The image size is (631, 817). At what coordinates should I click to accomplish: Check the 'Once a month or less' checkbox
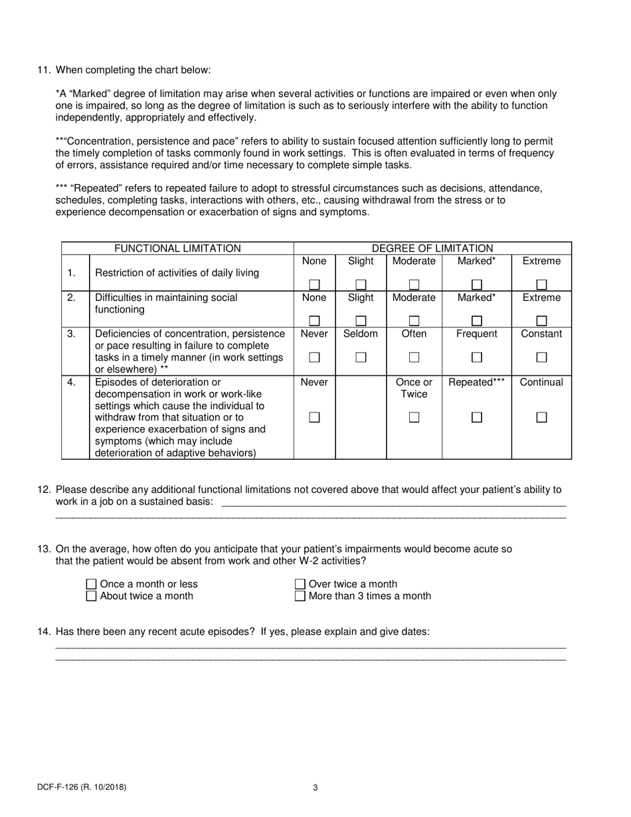[x=92, y=585]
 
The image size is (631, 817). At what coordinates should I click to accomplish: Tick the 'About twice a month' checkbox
[x=92, y=596]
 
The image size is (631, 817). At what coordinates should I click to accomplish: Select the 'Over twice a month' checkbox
[x=300, y=585]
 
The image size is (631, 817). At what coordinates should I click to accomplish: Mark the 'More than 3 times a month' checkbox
[x=300, y=596]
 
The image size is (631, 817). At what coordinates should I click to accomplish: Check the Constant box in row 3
[x=541, y=357]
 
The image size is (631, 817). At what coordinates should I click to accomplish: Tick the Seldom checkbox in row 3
[x=361, y=357]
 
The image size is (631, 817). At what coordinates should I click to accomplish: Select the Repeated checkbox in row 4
[x=476, y=418]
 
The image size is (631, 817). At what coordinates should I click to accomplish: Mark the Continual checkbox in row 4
[x=541, y=418]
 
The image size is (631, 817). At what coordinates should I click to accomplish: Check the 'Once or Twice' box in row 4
[x=414, y=418]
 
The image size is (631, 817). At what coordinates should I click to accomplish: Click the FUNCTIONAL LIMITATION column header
[x=177, y=248]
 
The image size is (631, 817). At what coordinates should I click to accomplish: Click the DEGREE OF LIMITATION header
[x=432, y=248]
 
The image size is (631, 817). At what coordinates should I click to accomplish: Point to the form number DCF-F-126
[x=82, y=788]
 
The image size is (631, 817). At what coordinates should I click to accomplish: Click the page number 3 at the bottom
[x=315, y=788]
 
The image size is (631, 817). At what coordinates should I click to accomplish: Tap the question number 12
[x=45, y=490]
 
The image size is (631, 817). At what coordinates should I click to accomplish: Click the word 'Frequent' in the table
[x=476, y=334]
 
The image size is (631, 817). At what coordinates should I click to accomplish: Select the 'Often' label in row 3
[x=414, y=334]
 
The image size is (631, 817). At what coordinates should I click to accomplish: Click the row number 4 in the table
[x=71, y=383]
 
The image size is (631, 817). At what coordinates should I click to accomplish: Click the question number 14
[x=45, y=632]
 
